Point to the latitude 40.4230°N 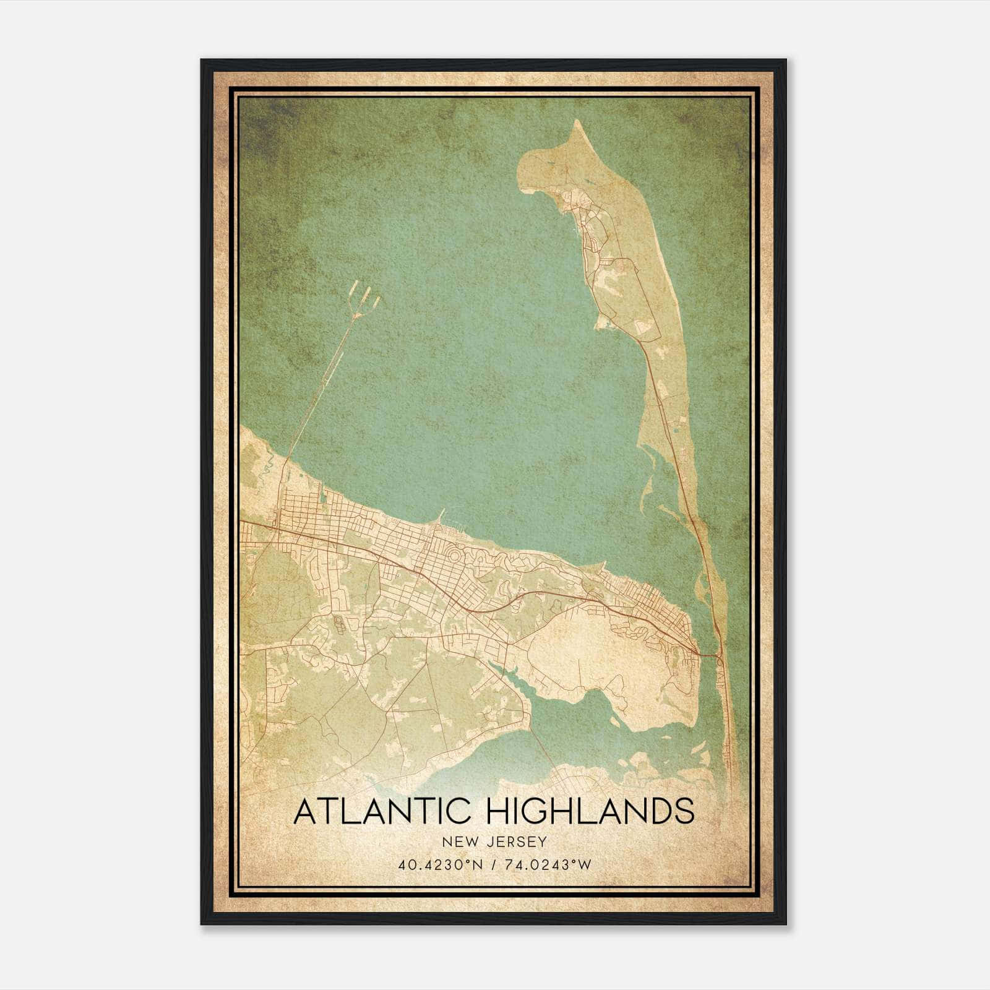[439, 865]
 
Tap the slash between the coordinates [494, 865]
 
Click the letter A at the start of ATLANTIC [305, 811]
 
